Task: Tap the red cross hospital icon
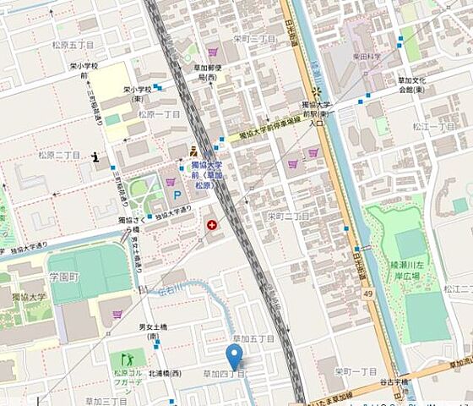tap(212, 226)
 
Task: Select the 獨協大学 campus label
tap(28, 296)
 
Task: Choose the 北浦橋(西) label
tap(164, 373)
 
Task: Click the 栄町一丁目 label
tap(354, 372)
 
